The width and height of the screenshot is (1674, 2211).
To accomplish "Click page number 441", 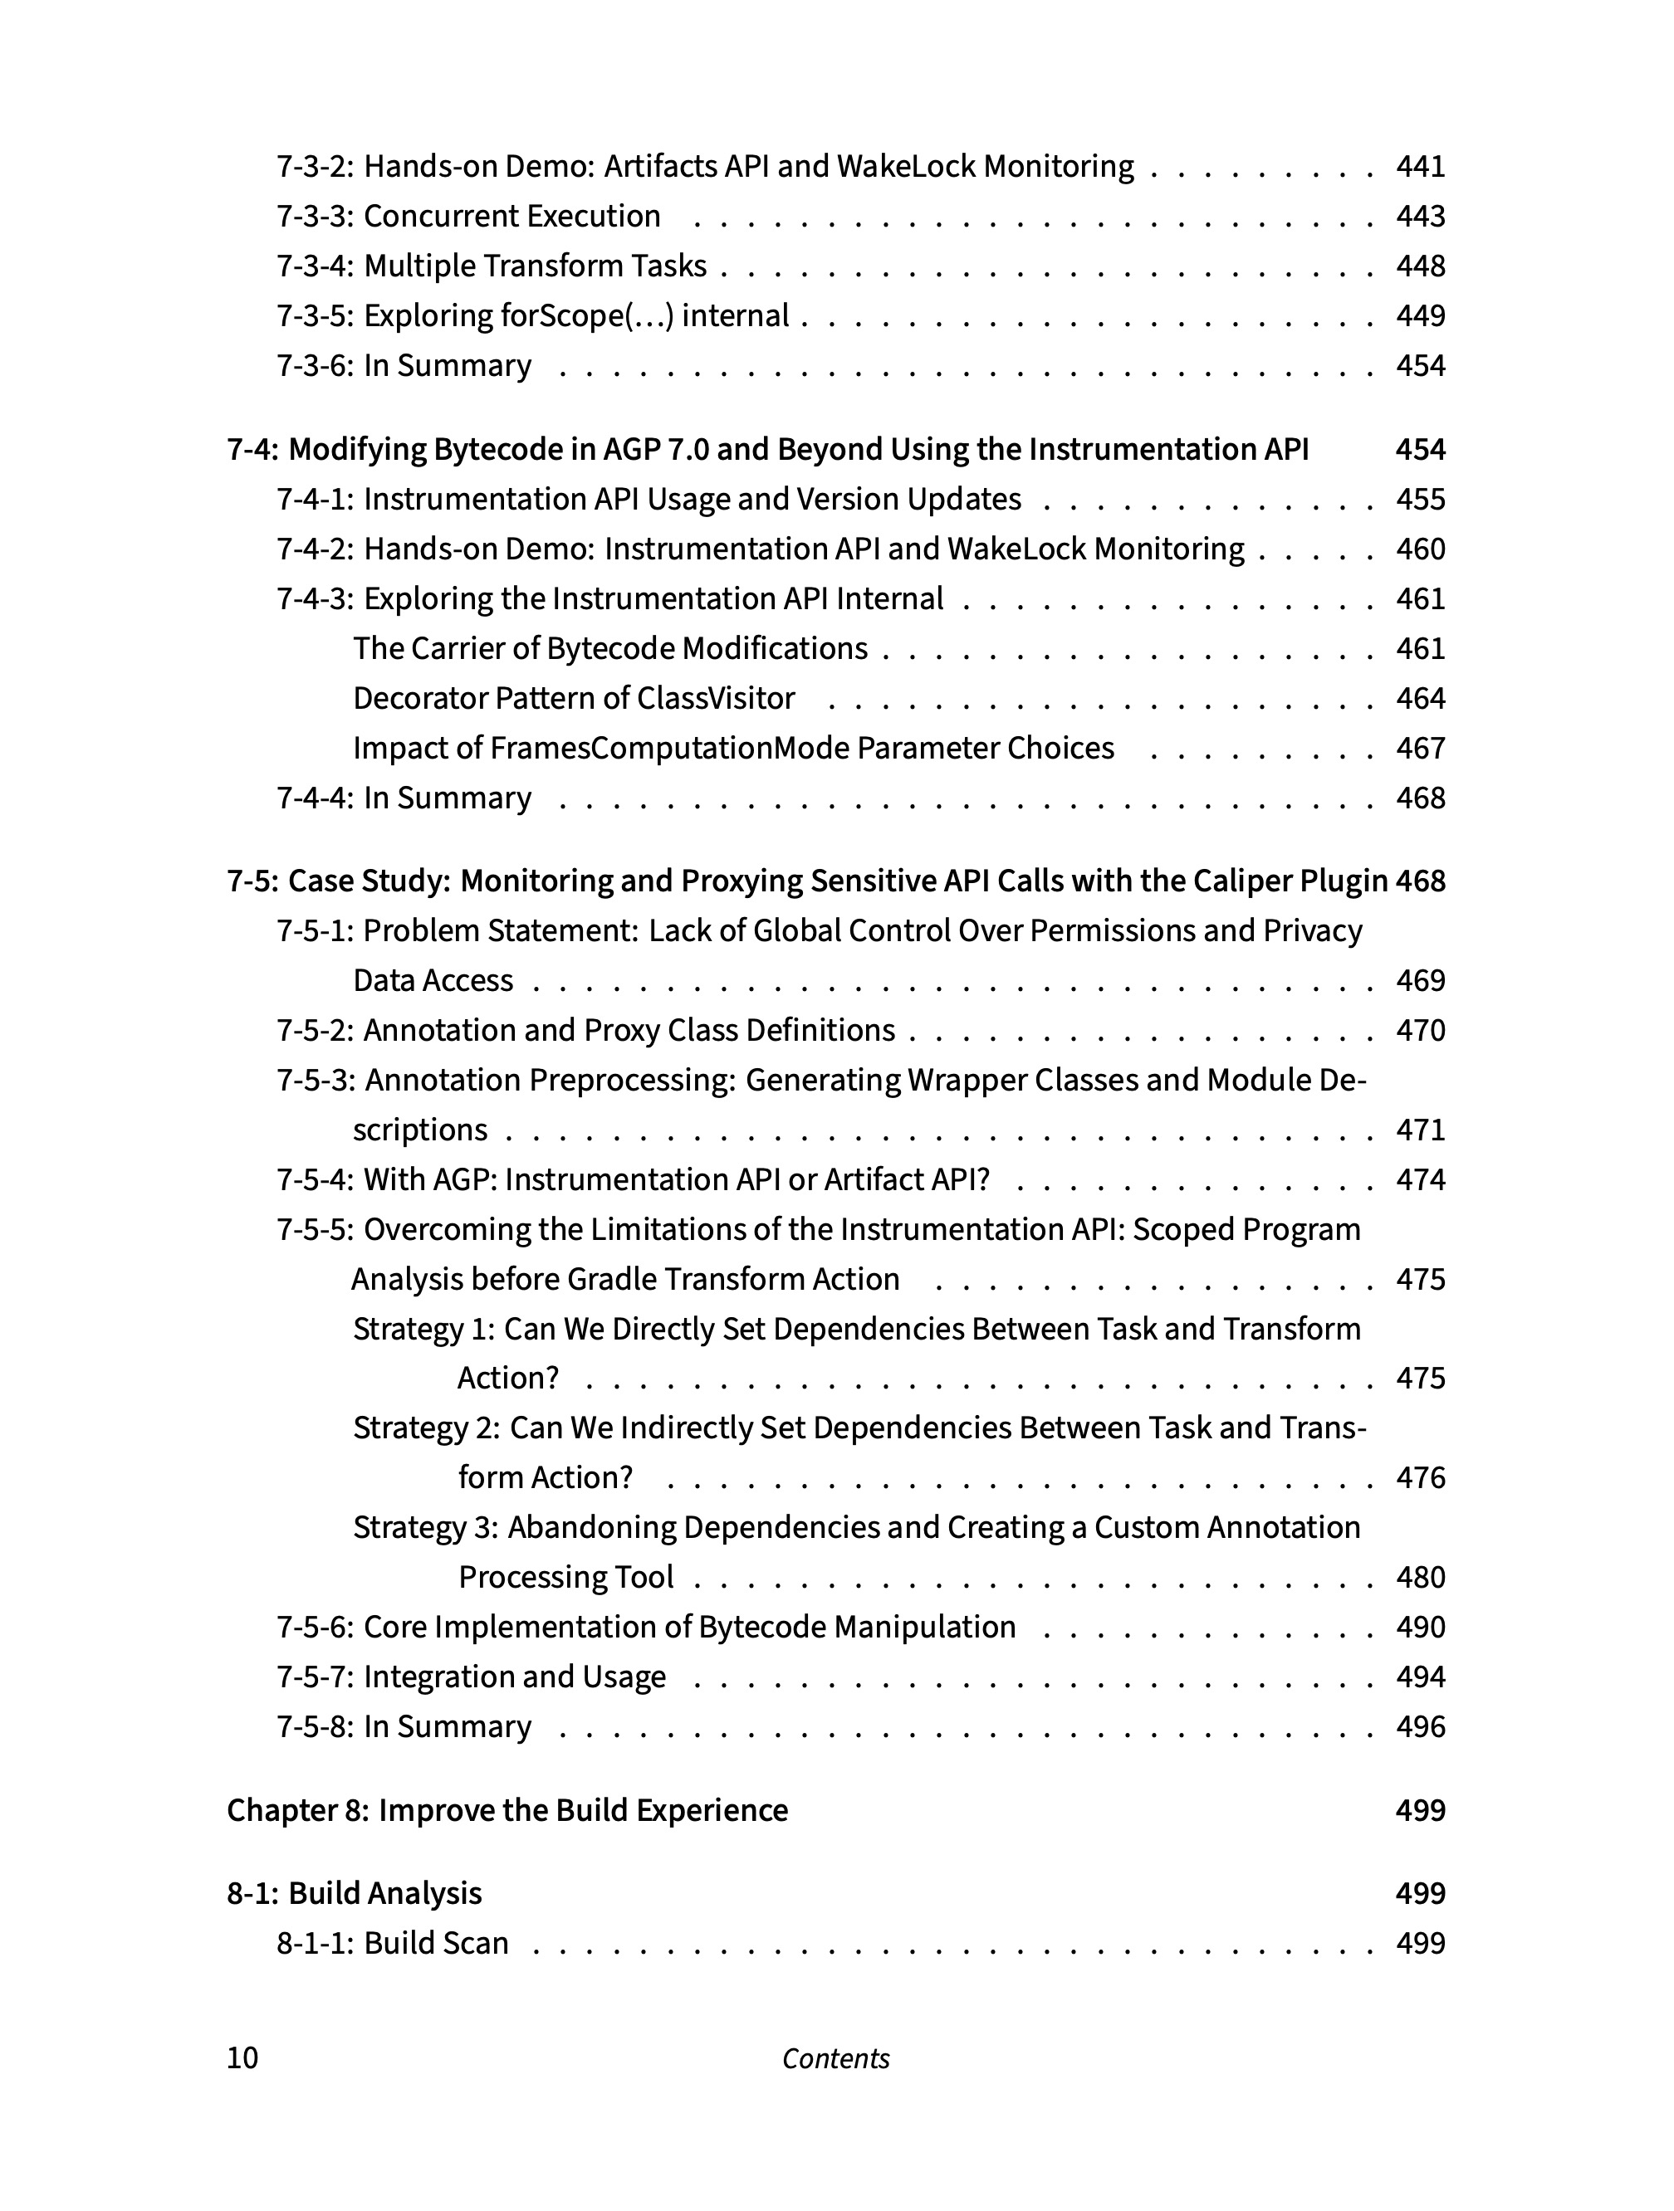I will pyautogui.click(x=1420, y=166).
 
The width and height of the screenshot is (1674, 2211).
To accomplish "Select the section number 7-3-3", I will pyautogui.click(x=314, y=216).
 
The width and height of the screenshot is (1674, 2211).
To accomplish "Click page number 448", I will pyautogui.click(x=1420, y=266).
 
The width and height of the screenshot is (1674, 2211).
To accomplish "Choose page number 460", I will pyautogui.click(x=1420, y=549).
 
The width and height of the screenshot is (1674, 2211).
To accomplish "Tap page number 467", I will pyautogui.click(x=1420, y=748).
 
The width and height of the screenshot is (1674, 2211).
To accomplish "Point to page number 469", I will pyautogui.click(x=1420, y=980).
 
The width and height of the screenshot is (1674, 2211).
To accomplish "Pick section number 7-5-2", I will pyautogui.click(x=314, y=1031).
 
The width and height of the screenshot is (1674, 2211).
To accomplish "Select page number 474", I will pyautogui.click(x=1420, y=1179).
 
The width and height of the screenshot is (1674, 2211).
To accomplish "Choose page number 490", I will pyautogui.click(x=1420, y=1628).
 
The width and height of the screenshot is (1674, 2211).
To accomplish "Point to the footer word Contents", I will pyautogui.click(x=836, y=2058).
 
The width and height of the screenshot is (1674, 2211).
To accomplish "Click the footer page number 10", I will pyautogui.click(x=242, y=2058).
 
